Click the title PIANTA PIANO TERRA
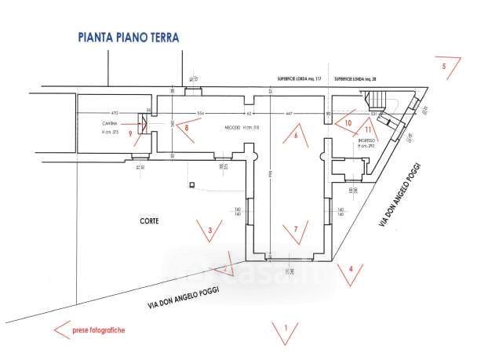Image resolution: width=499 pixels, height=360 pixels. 129,36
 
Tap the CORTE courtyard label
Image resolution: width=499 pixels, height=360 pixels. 151,221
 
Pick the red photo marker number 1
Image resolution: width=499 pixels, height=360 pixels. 286,326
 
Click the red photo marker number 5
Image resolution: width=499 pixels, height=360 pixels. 444,67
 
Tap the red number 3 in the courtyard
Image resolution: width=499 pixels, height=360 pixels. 209,230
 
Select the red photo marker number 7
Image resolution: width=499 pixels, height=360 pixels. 295,229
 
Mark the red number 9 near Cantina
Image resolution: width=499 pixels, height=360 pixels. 130,133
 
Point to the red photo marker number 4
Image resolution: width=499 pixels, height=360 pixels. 351,269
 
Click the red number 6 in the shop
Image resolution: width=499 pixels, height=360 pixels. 296,136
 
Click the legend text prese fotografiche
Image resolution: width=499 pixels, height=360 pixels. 98,330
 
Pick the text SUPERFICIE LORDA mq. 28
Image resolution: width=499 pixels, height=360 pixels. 357,79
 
